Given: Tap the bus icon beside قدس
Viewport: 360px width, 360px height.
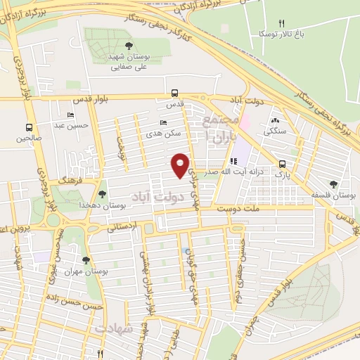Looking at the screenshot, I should tap(175, 93).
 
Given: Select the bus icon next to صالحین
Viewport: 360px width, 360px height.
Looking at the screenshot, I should tap(29, 128).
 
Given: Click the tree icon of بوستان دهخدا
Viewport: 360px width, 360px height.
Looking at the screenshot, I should tap(103, 193).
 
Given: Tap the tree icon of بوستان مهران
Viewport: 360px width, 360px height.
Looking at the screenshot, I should tap(86, 260).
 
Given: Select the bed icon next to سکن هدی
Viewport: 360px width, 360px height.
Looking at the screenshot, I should tap(164, 122).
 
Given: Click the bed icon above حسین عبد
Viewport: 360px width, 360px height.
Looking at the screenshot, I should tap(70, 115).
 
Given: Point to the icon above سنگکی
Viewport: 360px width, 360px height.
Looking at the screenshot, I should tap(275, 120).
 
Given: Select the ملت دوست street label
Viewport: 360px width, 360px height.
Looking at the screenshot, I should tap(234, 209).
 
